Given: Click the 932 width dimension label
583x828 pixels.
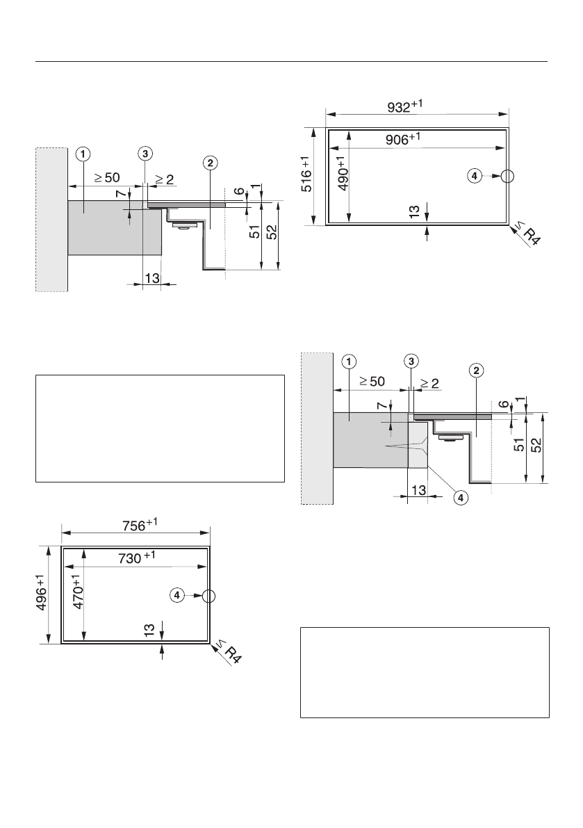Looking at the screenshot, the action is click(404, 106).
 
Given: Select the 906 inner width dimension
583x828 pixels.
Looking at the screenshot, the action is click(403, 138).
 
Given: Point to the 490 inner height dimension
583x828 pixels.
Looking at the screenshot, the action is click(343, 172).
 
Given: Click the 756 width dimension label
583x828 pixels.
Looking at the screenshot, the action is click(140, 525).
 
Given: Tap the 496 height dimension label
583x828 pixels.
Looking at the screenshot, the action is click(41, 592).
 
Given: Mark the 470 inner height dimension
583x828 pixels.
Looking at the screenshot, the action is click(78, 592).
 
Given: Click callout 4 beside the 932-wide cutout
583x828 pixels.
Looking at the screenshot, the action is click(475, 176).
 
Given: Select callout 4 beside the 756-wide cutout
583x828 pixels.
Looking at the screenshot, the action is click(176, 595).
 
